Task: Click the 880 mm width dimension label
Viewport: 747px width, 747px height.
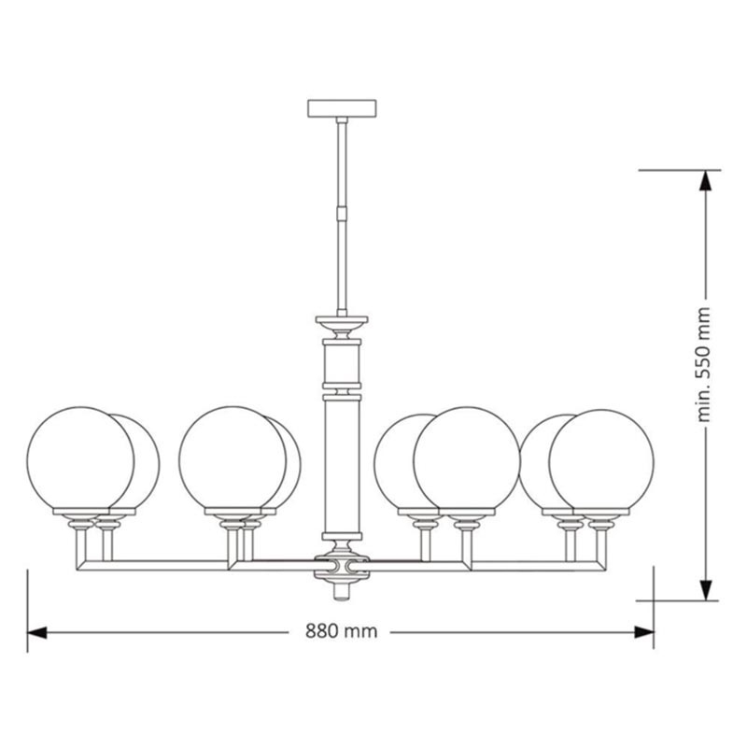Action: click(x=341, y=631)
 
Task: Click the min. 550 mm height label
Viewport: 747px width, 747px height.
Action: click(x=704, y=364)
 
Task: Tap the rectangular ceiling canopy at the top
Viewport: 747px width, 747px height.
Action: click(x=342, y=107)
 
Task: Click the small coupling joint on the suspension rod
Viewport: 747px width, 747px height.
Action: click(x=342, y=212)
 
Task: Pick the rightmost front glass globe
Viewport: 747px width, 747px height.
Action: click(x=601, y=461)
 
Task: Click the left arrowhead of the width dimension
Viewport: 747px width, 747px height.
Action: click(x=36, y=633)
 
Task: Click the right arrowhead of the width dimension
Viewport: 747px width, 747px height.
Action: click(x=644, y=633)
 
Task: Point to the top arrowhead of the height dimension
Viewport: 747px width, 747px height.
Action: click(x=706, y=180)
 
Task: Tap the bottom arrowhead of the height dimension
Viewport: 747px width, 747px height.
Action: click(x=706, y=590)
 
